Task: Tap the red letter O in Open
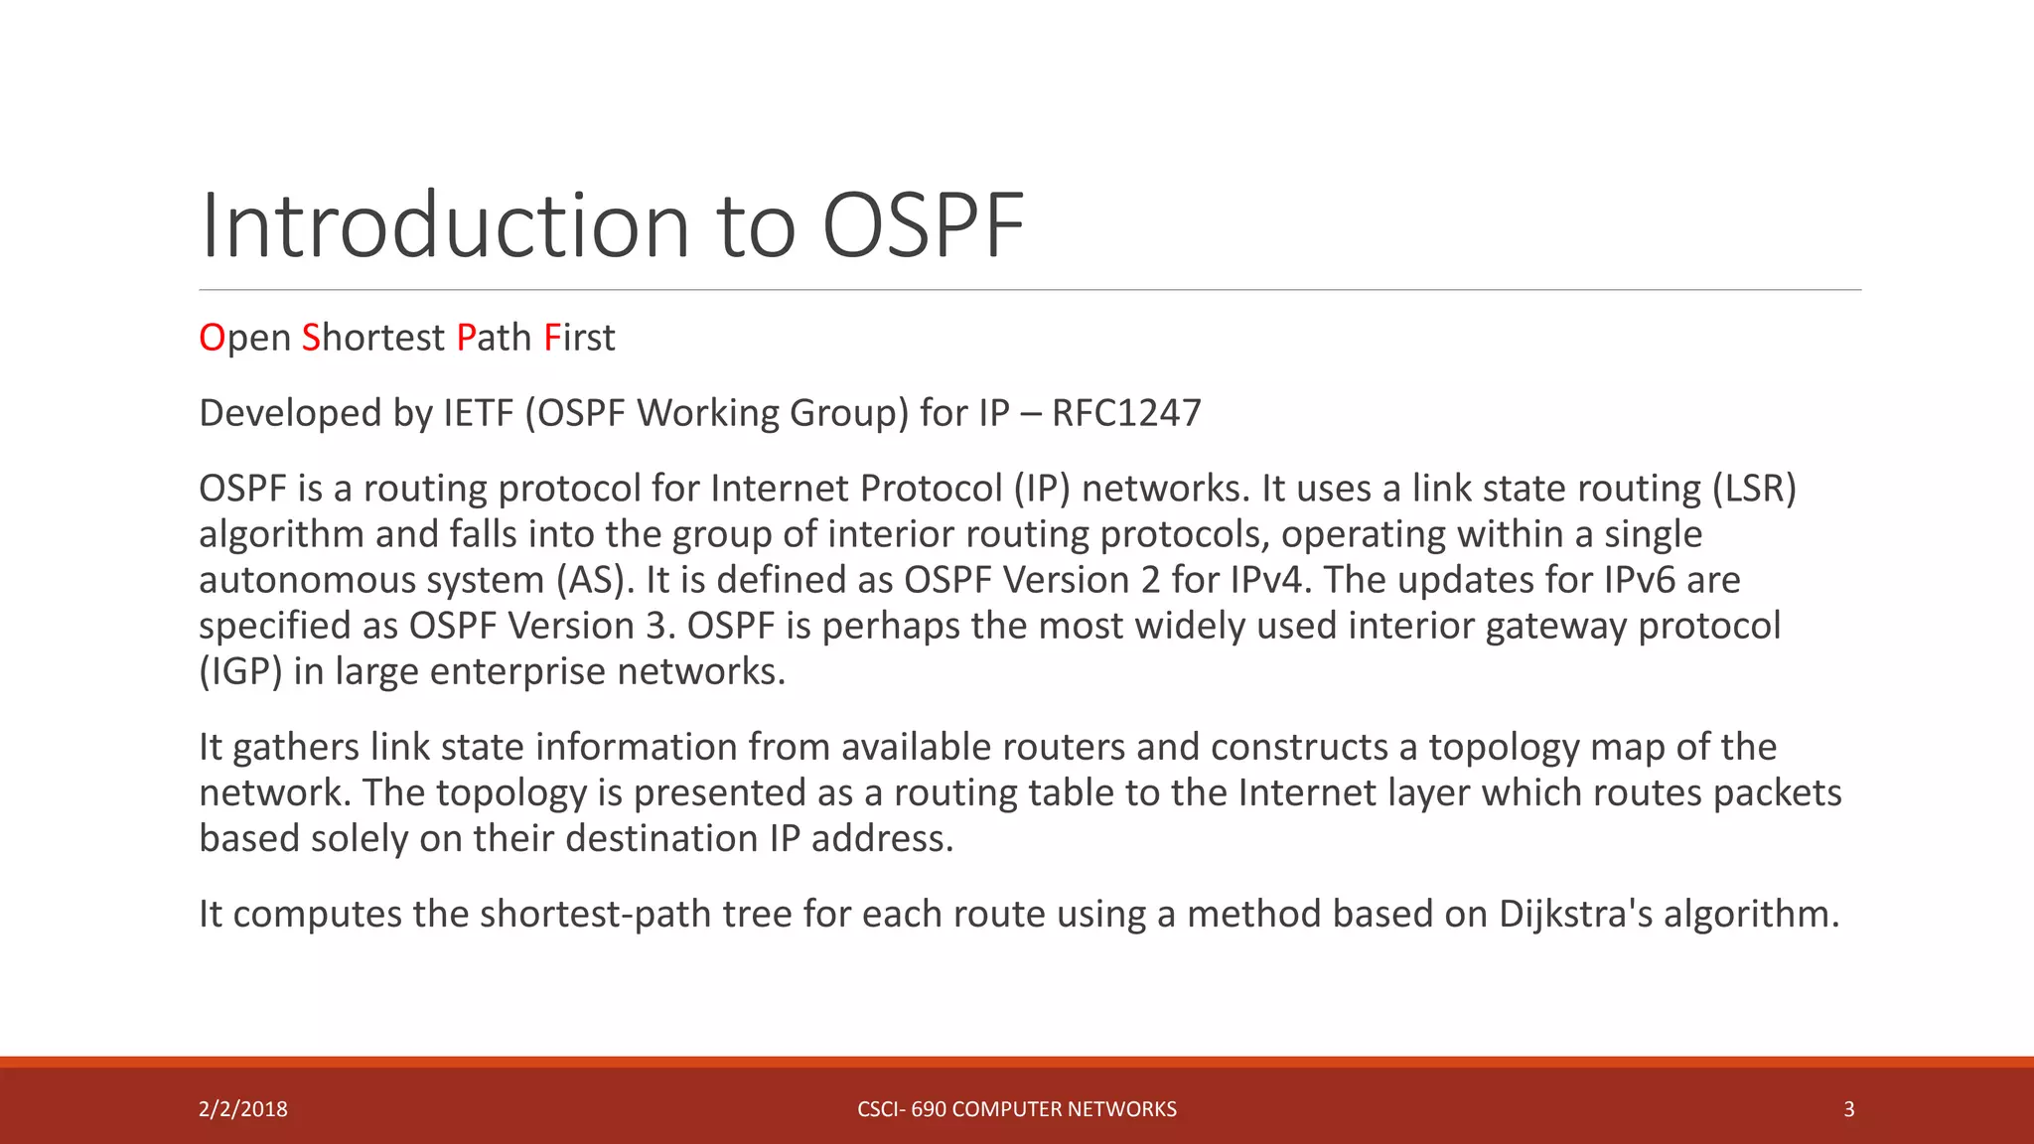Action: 212,338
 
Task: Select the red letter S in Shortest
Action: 311,338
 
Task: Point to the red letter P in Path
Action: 466,338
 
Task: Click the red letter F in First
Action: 552,338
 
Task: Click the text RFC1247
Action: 1126,413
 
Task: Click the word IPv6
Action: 1639,580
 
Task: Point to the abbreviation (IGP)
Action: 240,672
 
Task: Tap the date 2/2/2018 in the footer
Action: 243,1109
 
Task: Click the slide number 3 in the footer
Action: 1848,1109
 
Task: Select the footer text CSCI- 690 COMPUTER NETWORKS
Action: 1016,1109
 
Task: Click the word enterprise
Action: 517,672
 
